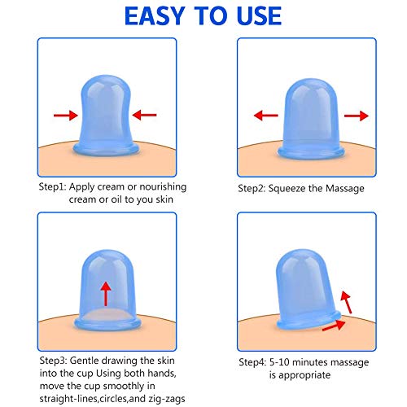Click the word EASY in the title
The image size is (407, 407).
(x=155, y=16)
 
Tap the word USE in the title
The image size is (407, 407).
(x=259, y=16)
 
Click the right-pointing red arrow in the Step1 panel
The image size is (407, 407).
(x=66, y=116)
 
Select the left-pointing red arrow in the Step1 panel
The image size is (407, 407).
(x=144, y=115)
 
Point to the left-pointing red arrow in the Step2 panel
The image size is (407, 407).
(x=266, y=116)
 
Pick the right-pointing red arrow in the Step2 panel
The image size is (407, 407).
(x=357, y=116)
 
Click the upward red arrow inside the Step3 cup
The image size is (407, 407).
(x=106, y=294)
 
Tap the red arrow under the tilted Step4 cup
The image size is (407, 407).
(x=334, y=326)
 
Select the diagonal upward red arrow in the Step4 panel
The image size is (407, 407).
(x=346, y=302)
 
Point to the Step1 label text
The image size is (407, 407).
(x=52, y=187)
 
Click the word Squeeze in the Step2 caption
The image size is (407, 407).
(x=287, y=189)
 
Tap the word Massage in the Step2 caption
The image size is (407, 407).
(x=345, y=189)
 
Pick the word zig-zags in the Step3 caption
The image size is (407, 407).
(x=167, y=399)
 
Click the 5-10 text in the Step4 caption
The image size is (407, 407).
(x=279, y=362)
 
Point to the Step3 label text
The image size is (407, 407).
(x=53, y=361)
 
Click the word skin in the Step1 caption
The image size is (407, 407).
(x=164, y=199)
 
